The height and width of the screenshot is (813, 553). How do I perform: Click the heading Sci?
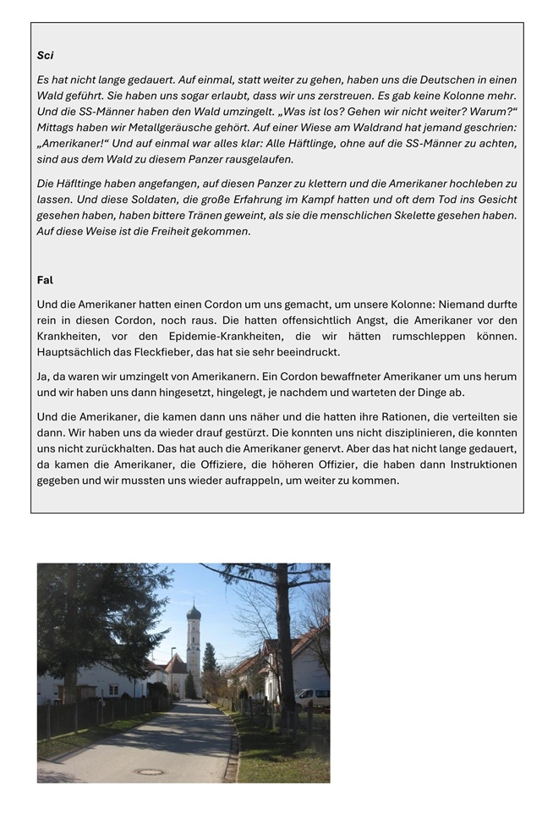click(x=45, y=56)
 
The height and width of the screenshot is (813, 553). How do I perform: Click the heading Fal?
click(x=45, y=280)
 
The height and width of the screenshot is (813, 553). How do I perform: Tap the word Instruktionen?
click(x=479, y=465)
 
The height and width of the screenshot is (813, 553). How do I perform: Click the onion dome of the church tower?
click(x=194, y=612)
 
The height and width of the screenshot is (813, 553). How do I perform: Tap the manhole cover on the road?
click(x=151, y=772)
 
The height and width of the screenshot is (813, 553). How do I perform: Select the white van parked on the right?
click(x=312, y=698)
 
